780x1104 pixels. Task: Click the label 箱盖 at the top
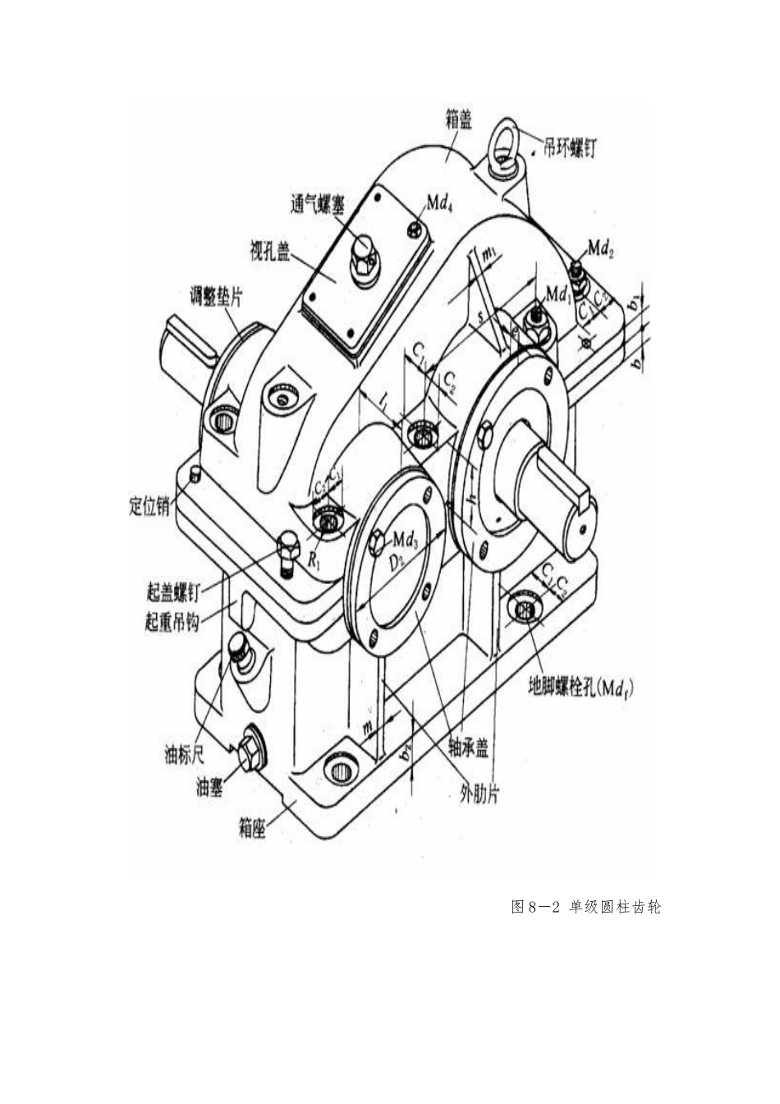[453, 121]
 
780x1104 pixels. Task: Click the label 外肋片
[479, 794]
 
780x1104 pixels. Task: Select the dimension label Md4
[439, 203]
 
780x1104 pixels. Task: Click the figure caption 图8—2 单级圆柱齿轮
[585, 907]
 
